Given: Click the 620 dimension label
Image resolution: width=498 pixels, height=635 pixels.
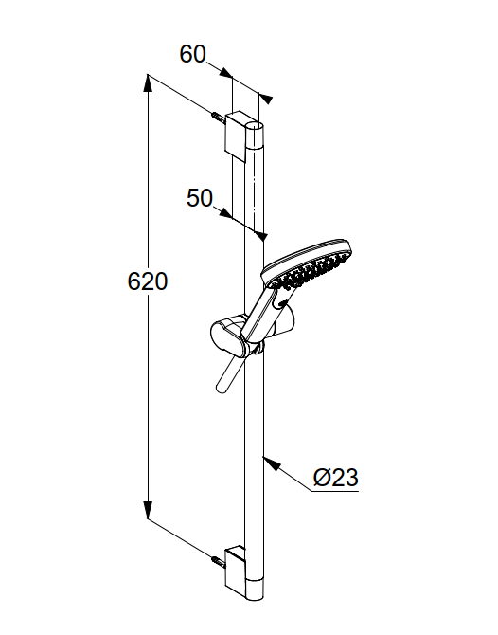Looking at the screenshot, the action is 148,281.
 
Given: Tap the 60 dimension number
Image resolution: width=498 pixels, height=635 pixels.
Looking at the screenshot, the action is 192,54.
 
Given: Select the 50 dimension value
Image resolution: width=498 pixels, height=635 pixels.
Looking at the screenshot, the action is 200,198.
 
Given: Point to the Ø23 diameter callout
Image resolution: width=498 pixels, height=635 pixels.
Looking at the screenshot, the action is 336,478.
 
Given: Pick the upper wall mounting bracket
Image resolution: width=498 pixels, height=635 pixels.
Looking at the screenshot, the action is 236,136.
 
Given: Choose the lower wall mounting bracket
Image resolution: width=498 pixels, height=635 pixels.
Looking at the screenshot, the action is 236,571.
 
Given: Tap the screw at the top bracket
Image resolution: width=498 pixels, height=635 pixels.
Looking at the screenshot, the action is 218,118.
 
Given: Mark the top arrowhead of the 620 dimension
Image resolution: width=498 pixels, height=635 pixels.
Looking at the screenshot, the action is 149,84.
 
